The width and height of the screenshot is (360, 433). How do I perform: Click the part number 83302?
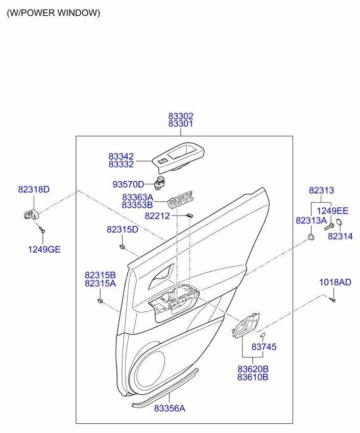(x=181, y=116)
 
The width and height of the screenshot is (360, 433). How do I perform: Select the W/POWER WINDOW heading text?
(x=54, y=13)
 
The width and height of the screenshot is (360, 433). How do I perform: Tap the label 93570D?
(x=128, y=184)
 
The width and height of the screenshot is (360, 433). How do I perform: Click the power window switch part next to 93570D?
(x=159, y=182)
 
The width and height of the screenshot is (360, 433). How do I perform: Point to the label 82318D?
(x=34, y=189)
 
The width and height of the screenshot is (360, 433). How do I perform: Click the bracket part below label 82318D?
(x=31, y=214)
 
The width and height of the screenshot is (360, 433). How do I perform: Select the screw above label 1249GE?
(x=42, y=229)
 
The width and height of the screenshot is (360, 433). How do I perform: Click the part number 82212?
(x=157, y=216)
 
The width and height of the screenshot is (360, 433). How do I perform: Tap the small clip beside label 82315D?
(x=122, y=247)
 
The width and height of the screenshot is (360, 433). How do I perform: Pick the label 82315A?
(x=100, y=283)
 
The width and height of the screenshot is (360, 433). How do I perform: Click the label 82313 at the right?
(x=321, y=190)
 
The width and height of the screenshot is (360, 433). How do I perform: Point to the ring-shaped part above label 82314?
(x=339, y=222)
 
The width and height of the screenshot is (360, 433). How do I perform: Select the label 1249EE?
(x=332, y=211)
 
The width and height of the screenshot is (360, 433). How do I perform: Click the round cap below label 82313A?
(x=311, y=236)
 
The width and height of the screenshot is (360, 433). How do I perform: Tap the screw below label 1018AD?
(x=332, y=299)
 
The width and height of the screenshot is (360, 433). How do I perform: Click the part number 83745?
(x=264, y=347)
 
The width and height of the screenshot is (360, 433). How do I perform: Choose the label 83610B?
(x=253, y=377)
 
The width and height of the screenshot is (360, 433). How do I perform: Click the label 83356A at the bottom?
(x=170, y=408)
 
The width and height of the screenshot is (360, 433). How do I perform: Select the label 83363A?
(x=137, y=198)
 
